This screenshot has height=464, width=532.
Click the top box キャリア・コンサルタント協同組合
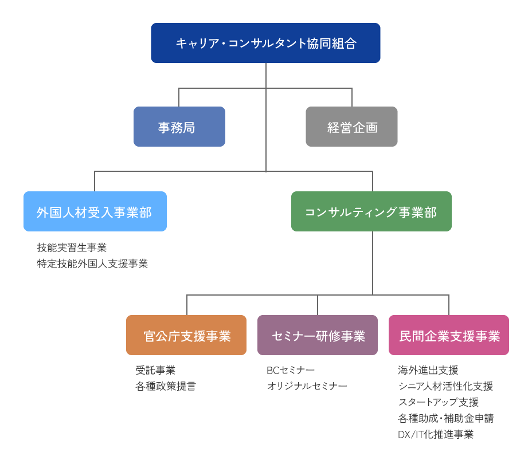click(265, 43)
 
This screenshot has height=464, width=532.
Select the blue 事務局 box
click(179, 127)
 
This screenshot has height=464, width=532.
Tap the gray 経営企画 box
click(351, 127)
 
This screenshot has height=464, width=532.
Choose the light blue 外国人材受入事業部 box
click(95, 211)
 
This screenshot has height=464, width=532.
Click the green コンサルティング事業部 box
click(371, 211)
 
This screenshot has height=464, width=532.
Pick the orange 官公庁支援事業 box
click(186, 335)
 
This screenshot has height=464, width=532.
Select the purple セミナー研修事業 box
click(318, 335)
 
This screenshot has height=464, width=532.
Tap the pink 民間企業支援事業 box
click(449, 335)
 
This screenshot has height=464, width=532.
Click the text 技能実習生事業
click(72, 248)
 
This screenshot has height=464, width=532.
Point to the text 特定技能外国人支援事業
click(92, 264)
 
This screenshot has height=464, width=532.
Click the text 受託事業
click(155, 371)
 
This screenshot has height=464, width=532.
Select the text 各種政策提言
click(166, 387)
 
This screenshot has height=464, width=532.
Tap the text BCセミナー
click(291, 371)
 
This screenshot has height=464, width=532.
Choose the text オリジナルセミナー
click(307, 387)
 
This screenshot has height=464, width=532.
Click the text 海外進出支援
click(428, 371)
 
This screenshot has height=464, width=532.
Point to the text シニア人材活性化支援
click(445, 387)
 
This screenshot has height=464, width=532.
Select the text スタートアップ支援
click(438, 403)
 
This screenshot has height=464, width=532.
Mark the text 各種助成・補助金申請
click(445, 419)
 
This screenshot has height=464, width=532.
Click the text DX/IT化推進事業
click(436, 435)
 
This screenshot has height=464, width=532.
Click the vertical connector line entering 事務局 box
click(179, 97)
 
